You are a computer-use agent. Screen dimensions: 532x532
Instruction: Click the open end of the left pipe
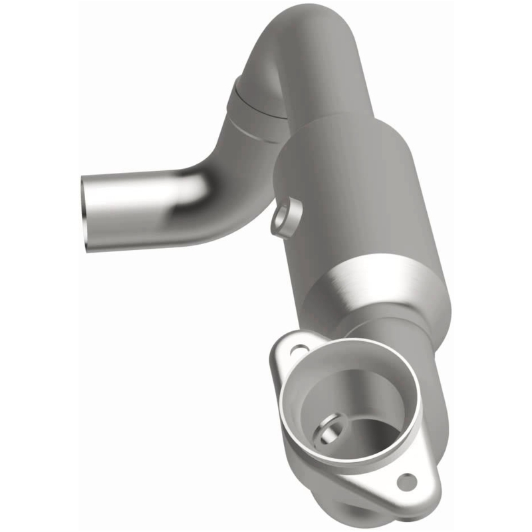click(x=86, y=212)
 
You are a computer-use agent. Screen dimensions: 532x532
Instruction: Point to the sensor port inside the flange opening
click(x=331, y=430)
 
